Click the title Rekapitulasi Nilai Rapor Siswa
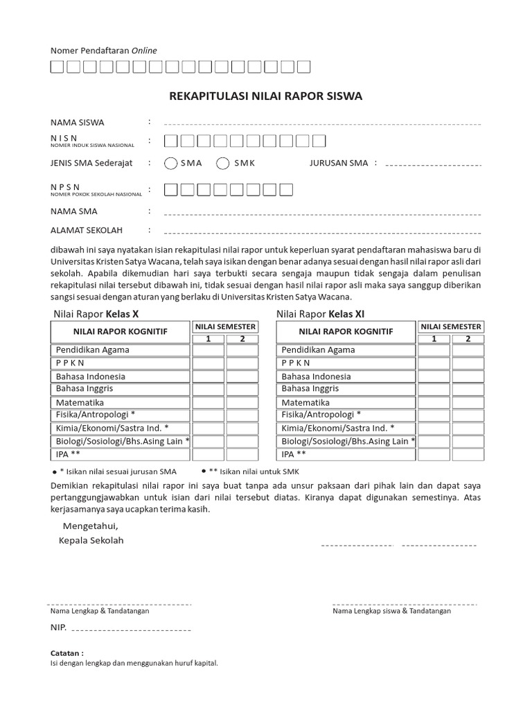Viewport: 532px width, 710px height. coord(265,96)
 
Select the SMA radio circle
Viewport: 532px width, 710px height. coord(171,164)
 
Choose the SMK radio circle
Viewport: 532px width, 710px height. coord(223,164)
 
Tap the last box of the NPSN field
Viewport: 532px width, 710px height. coord(285,189)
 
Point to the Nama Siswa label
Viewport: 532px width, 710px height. coord(77,123)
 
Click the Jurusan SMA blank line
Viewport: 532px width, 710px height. coord(432,166)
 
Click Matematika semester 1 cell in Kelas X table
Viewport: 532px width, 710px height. coord(208,402)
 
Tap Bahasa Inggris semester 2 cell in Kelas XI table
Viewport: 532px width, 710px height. coord(468,389)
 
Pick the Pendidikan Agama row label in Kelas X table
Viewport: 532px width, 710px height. coord(93,350)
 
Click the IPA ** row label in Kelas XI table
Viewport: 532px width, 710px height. coord(294,455)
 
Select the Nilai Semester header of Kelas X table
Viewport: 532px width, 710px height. coord(225,327)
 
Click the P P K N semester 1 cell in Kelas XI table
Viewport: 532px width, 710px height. coord(434,363)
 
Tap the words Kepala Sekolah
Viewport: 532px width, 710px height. coord(91,540)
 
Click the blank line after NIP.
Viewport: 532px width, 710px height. coord(132,630)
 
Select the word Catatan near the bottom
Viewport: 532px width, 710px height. coord(67,653)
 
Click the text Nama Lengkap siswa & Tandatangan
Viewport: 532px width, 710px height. coord(391,611)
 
